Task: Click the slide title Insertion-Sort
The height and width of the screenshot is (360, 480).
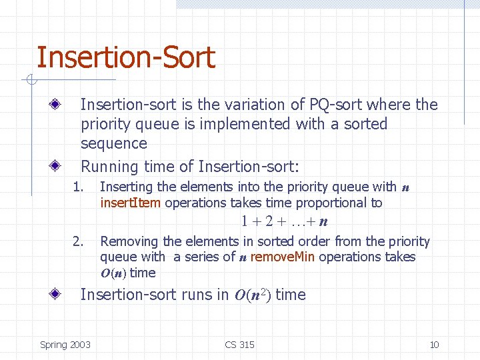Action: point(125,57)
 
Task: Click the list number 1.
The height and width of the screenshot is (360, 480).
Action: point(79,187)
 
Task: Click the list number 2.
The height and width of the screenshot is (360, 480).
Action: point(79,241)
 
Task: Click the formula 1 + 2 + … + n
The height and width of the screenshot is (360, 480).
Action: point(285,222)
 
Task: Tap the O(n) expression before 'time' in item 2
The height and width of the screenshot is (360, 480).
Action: point(113,273)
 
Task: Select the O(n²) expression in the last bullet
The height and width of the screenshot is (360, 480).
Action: point(252,295)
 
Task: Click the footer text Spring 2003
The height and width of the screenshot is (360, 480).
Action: point(65,345)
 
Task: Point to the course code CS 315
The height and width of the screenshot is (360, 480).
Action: point(239,345)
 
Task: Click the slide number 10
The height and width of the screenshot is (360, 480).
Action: point(434,345)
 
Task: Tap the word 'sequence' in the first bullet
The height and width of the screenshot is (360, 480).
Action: point(113,143)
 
